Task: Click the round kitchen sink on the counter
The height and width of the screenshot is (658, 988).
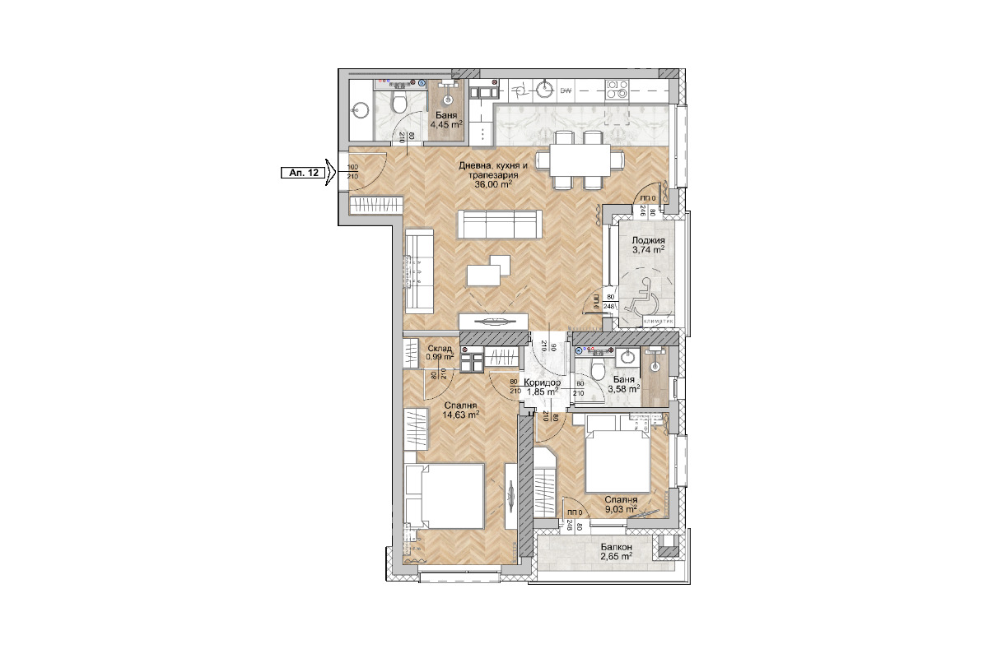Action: click(544, 89)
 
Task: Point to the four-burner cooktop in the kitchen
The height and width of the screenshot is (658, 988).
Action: click(617, 90)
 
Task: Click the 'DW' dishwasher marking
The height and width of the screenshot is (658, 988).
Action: click(566, 90)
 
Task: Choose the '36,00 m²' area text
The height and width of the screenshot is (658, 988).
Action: click(493, 185)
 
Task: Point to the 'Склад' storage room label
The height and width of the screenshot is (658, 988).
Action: click(439, 349)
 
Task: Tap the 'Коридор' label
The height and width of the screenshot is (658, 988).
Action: click(543, 383)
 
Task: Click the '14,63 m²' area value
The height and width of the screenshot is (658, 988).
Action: click(460, 415)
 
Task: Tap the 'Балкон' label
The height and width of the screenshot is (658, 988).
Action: click(616, 547)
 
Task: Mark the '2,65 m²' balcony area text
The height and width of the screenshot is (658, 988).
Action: click(616, 557)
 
